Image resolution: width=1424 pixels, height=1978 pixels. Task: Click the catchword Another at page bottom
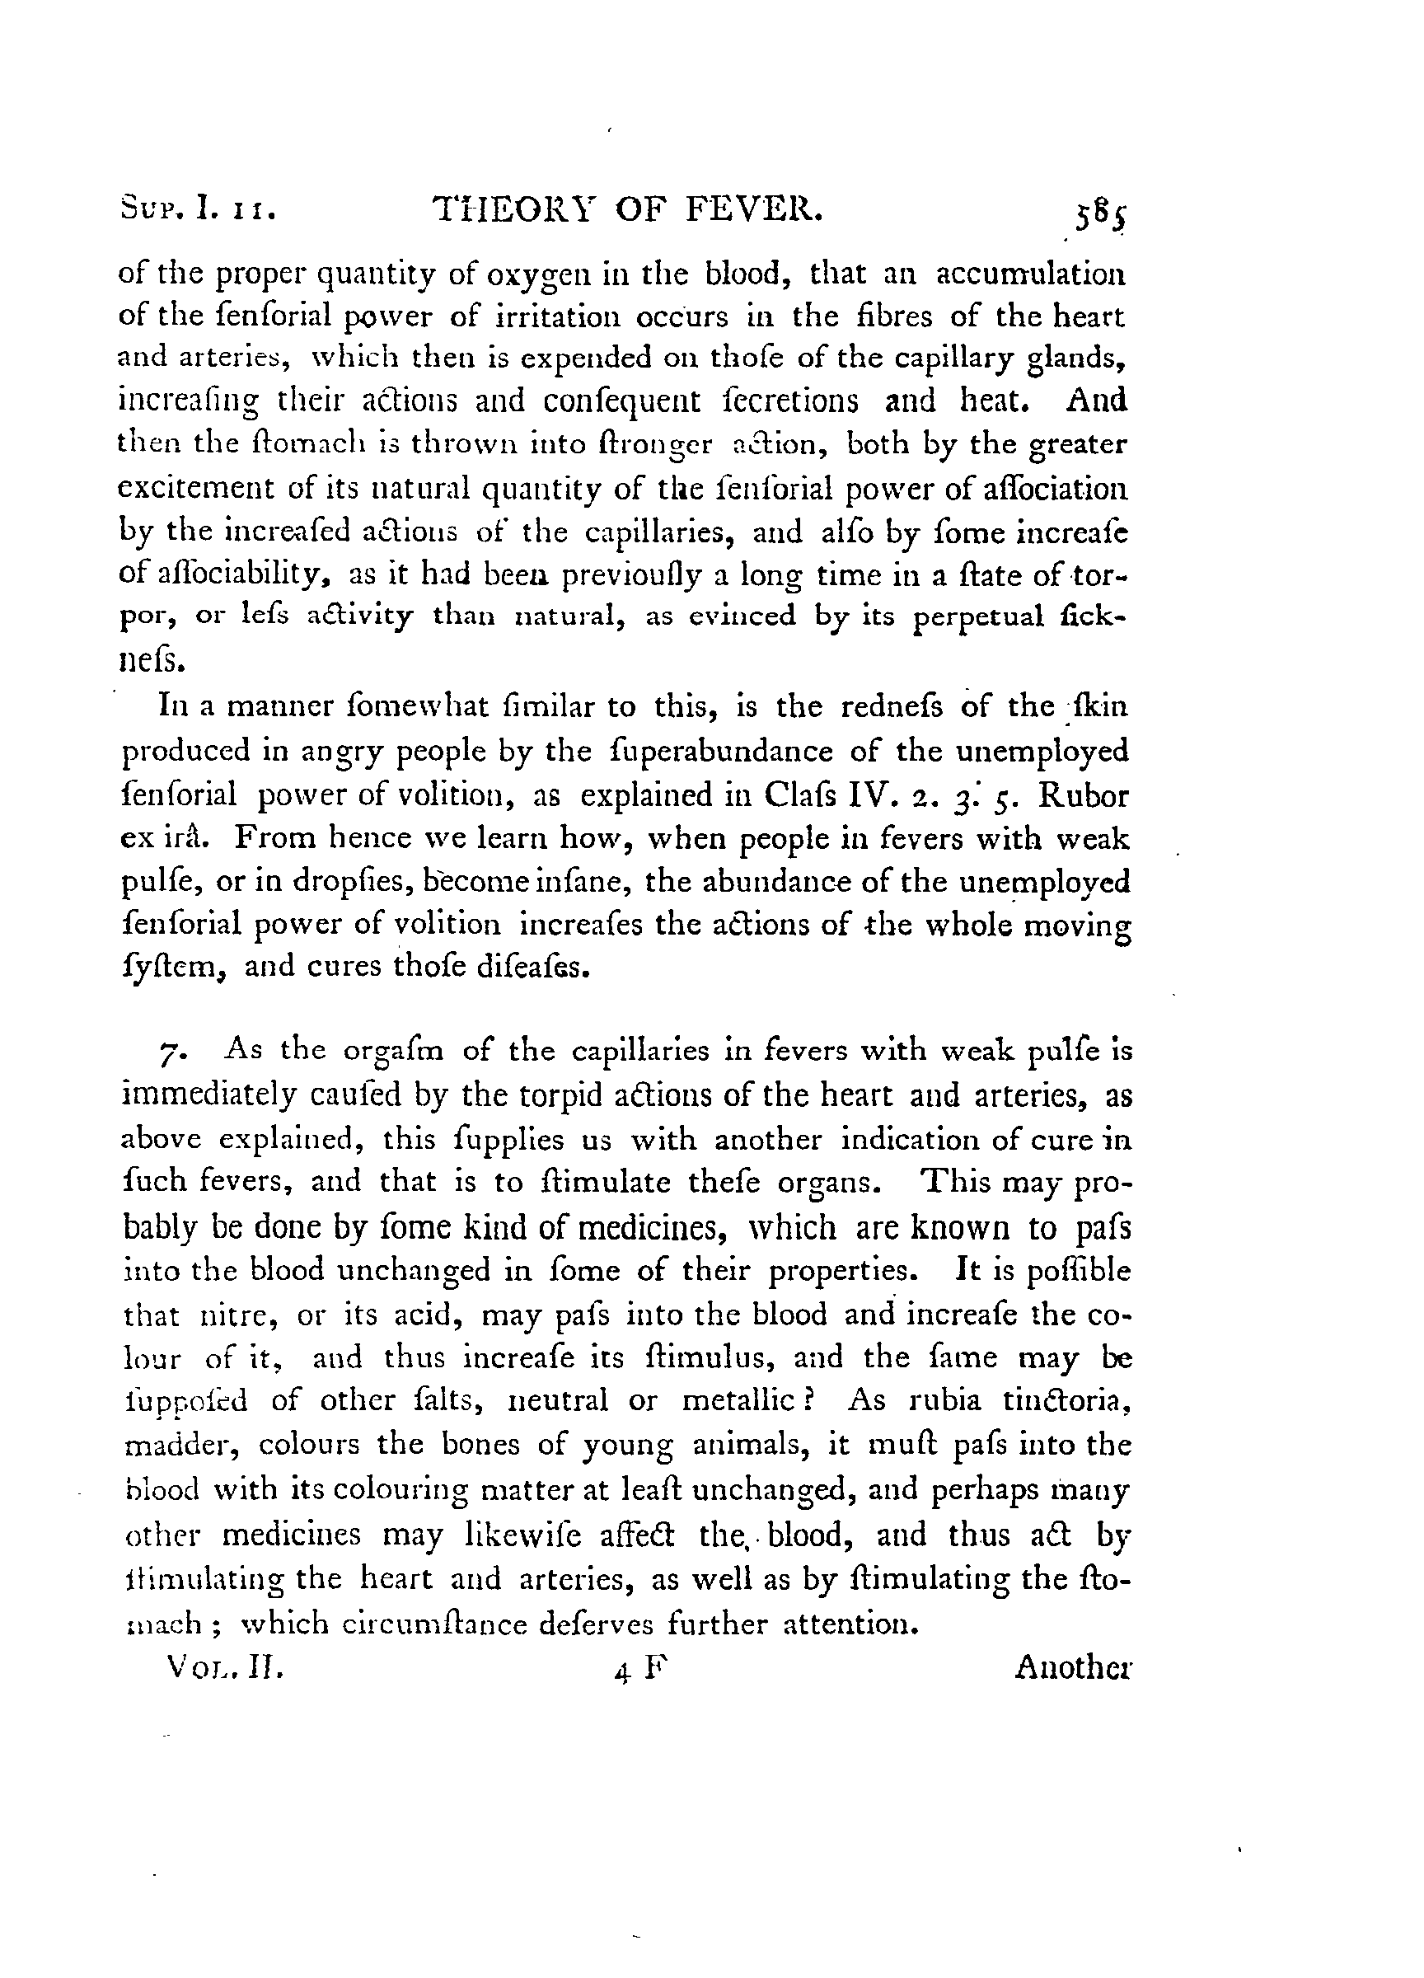coord(1073,1668)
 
